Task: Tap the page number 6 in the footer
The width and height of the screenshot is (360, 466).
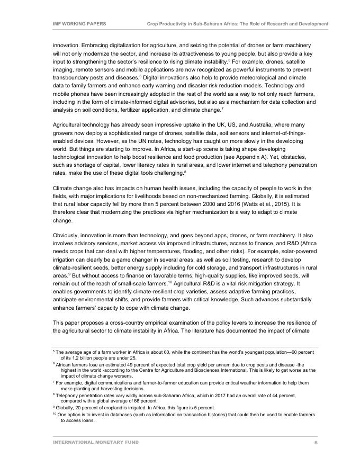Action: [x=316, y=443]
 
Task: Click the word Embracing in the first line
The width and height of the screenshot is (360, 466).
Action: [x=94, y=45]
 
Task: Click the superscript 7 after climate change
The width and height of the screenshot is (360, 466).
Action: [x=222, y=108]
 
